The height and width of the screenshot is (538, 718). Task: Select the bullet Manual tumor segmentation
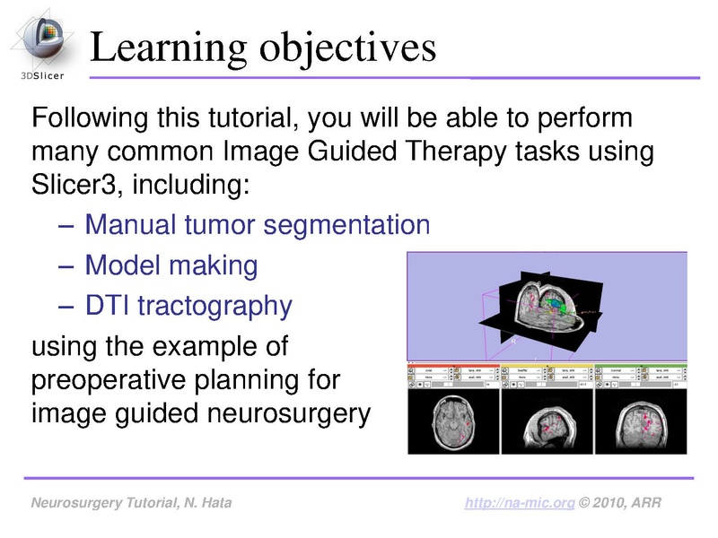(257, 224)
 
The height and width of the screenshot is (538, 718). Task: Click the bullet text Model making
(171, 265)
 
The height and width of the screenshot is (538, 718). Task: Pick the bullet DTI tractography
(188, 307)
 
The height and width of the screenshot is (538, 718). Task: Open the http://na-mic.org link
(519, 504)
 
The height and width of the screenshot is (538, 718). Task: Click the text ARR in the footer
(647, 504)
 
